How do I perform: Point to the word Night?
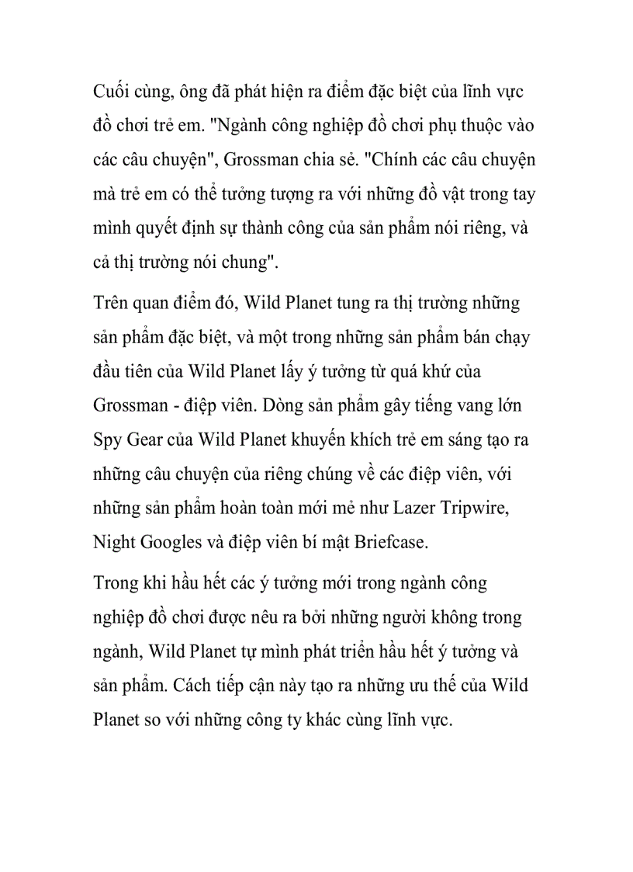113,542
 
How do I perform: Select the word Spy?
108,440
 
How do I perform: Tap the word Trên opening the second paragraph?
111,304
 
